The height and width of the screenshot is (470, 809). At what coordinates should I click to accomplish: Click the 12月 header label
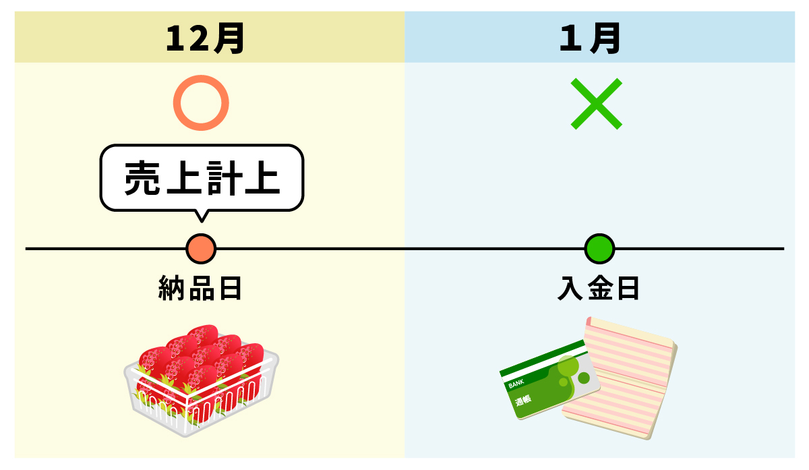pos(204,39)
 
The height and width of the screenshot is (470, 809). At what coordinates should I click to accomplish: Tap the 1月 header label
pos(590,39)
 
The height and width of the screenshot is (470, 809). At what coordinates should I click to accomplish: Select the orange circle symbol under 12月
pos(201,104)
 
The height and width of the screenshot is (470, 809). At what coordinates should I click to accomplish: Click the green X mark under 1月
pos(596,104)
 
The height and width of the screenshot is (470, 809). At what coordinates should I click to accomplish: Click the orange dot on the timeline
pos(201,249)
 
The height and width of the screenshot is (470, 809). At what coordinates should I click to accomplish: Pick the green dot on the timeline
pos(599,249)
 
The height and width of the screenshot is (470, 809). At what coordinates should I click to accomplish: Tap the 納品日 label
pos(200,289)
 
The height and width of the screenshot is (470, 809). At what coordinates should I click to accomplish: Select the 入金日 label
pos(598,289)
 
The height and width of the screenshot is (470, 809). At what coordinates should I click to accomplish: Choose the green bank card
pos(549,381)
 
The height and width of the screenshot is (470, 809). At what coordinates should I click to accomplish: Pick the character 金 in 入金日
pos(598,289)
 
